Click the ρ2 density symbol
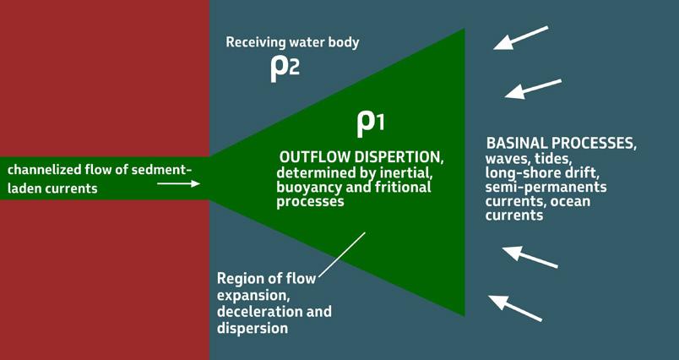click(x=285, y=68)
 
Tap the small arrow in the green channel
click(x=179, y=183)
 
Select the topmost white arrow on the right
click(x=521, y=37)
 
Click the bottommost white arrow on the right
click(x=515, y=308)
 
